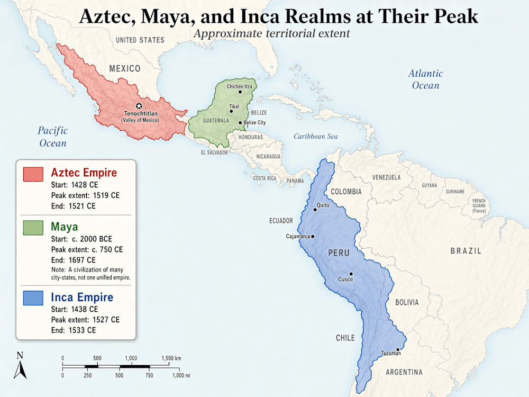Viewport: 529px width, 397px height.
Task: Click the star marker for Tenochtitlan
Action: tap(139, 106)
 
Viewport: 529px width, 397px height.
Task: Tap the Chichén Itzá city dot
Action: tap(240, 92)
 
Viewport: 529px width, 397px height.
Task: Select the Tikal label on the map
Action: tap(234, 106)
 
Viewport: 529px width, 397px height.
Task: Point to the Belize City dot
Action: tap(240, 123)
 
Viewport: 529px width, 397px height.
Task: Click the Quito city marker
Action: tap(315, 210)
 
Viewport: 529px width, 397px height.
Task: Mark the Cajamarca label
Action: tap(297, 236)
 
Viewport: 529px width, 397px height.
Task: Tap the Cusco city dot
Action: tap(351, 274)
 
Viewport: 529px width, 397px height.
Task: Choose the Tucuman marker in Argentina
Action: tap(397, 350)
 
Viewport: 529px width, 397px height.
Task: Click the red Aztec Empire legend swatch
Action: tap(33, 174)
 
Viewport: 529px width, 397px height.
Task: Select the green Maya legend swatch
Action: tap(33, 228)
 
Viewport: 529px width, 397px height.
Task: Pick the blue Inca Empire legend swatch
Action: tap(33, 298)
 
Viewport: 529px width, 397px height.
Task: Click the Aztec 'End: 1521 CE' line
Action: tap(73, 206)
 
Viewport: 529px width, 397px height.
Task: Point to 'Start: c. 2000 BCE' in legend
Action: tap(81, 239)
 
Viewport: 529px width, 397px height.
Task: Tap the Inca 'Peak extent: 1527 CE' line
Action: tap(85, 320)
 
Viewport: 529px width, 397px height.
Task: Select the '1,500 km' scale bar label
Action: tap(171, 358)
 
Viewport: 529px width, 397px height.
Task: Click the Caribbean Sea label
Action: tap(315, 137)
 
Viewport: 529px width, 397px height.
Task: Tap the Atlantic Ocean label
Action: tap(425, 79)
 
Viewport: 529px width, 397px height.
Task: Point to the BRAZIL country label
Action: tap(466, 251)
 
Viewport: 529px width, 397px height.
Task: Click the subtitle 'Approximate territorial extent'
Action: tap(271, 33)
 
